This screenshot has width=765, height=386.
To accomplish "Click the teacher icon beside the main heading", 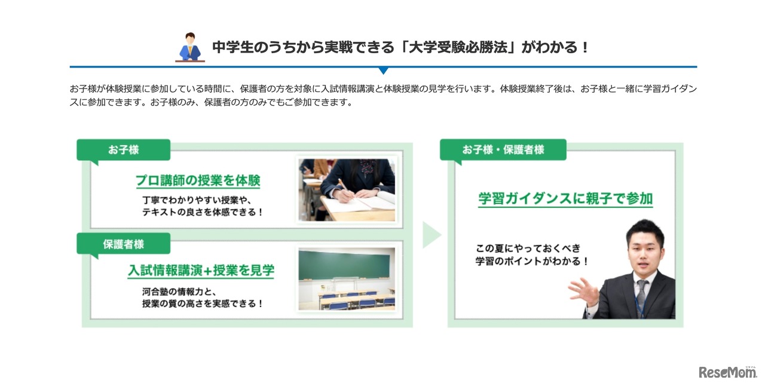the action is (x=190, y=47).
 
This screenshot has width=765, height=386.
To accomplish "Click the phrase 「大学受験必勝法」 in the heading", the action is (x=457, y=47).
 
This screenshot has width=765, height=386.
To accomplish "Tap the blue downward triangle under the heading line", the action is (x=383, y=71).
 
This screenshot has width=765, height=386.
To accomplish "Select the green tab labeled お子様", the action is (x=123, y=150).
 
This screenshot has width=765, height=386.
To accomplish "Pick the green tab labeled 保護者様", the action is (x=123, y=244).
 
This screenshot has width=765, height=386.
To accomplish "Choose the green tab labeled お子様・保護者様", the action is (x=503, y=149).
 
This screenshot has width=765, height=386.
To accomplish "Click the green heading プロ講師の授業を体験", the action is (x=198, y=180).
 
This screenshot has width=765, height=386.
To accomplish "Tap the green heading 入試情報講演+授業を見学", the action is (x=201, y=271).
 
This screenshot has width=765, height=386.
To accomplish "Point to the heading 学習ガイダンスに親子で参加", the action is (x=565, y=198).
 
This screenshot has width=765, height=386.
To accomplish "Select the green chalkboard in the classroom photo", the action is (x=344, y=264).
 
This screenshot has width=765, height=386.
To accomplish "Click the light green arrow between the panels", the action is (x=432, y=235).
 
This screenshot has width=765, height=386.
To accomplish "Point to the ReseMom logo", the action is (x=728, y=372).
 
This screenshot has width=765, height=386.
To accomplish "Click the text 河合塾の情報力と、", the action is (x=179, y=292).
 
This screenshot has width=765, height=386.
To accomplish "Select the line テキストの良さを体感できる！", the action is (x=203, y=212).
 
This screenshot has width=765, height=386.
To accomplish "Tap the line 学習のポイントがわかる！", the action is (x=531, y=261).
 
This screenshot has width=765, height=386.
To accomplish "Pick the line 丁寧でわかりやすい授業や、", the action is (x=197, y=200).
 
